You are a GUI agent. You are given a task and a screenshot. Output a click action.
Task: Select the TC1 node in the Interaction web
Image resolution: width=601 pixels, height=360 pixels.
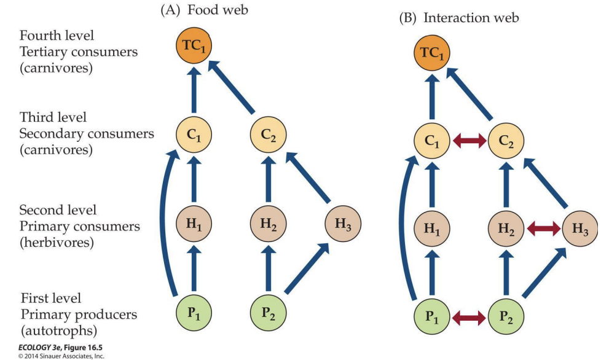coord(430,54)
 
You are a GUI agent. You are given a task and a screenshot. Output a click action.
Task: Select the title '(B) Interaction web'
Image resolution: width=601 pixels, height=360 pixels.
coord(458,17)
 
